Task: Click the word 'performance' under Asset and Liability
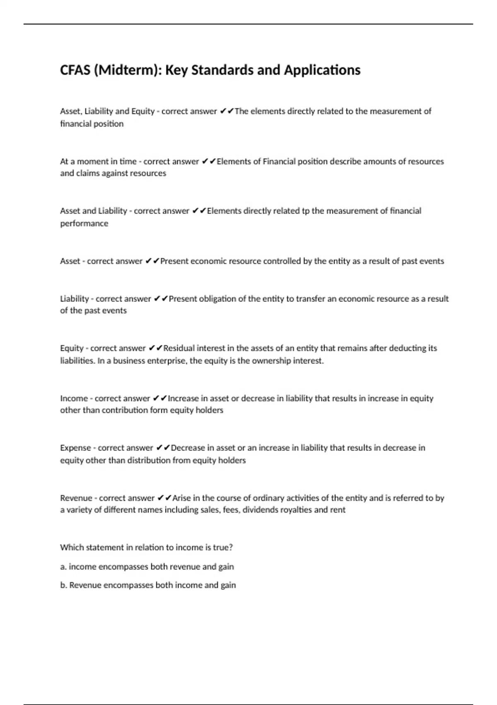point(84,224)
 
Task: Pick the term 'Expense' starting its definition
point(75,448)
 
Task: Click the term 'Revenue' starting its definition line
point(76,498)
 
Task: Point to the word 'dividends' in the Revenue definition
point(261,510)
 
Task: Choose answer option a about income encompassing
point(147,566)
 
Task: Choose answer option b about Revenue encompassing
point(148,585)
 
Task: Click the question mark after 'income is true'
point(231,547)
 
